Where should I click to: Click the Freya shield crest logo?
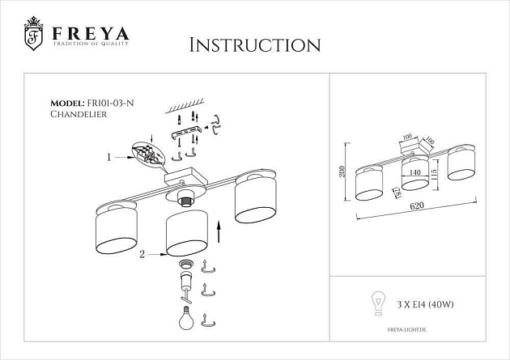pos(33,34)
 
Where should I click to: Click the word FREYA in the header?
pos(91,33)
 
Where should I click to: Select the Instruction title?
pos(254,44)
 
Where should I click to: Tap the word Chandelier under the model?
pos(78,115)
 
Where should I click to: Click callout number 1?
pos(108,158)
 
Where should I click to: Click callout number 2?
pos(142,255)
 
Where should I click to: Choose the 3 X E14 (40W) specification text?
pos(423,306)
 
